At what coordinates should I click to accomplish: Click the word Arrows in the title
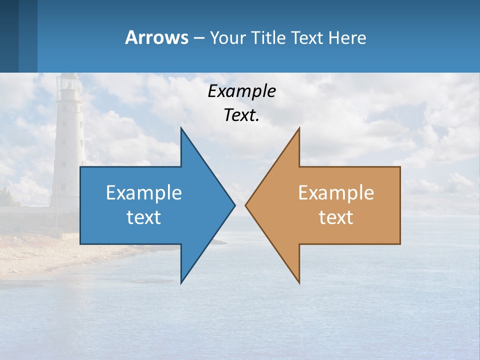click(156, 37)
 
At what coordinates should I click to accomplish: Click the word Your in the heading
click(228, 38)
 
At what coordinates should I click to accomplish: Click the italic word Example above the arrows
click(242, 91)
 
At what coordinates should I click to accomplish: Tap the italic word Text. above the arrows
click(242, 115)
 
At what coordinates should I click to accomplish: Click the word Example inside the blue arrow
click(144, 192)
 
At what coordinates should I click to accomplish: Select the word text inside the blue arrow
click(144, 217)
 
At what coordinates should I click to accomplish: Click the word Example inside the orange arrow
click(336, 192)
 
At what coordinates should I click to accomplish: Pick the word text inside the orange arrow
click(336, 217)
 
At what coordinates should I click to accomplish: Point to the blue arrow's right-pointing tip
click(234, 205)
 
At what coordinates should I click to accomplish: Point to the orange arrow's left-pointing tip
click(245, 205)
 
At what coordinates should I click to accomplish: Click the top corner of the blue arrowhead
click(181, 128)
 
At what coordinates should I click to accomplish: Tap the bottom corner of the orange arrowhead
click(299, 283)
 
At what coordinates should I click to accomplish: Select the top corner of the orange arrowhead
click(299, 128)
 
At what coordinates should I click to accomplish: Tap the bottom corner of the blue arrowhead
click(181, 283)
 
